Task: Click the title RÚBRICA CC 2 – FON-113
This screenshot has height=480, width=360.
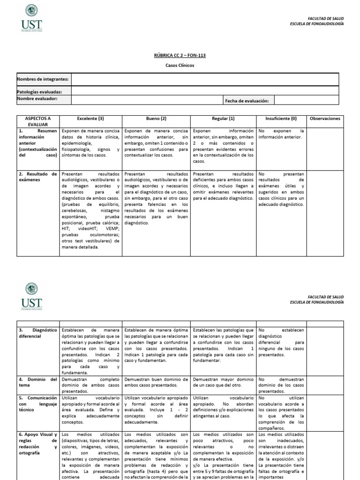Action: click(180, 55)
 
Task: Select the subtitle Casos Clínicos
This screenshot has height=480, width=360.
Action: click(180, 66)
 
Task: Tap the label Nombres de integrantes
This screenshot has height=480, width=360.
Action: click(43, 80)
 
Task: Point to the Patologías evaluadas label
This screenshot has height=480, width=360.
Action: click(39, 92)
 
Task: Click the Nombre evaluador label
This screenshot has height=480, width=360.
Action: click(37, 99)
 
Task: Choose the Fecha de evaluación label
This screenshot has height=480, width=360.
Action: click(247, 101)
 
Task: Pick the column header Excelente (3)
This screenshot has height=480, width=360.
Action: click(90, 119)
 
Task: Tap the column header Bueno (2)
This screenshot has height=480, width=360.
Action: click(156, 119)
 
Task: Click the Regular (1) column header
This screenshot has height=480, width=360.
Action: click(223, 119)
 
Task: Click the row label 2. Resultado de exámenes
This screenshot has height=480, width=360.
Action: click(37, 176)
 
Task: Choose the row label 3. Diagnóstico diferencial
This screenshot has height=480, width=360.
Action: click(37, 333)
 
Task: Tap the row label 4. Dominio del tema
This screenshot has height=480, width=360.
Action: click(37, 382)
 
